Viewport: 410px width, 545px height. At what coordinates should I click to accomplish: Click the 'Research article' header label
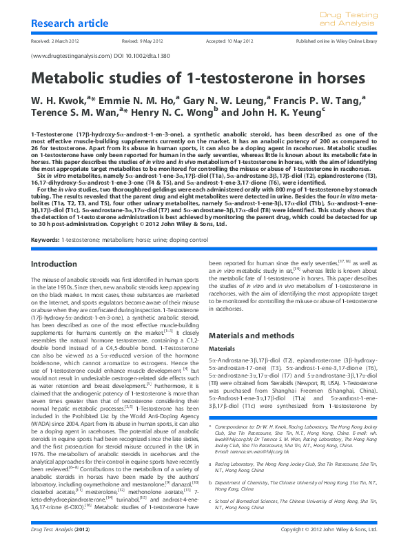coord(65,25)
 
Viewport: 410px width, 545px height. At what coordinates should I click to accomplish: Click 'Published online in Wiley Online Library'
coord(337,41)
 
